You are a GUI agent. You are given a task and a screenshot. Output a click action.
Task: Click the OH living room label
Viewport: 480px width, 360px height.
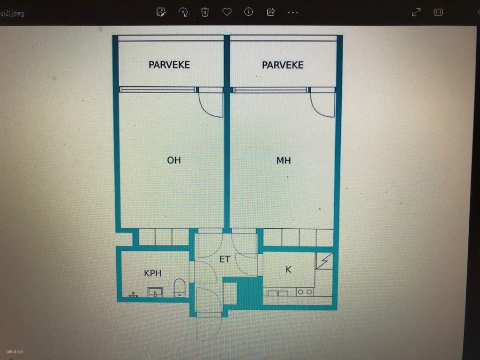coord(174,160)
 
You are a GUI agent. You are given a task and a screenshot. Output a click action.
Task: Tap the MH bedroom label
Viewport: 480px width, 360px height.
coord(284,160)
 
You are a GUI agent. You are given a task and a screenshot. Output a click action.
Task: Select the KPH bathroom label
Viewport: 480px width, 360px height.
coord(152,273)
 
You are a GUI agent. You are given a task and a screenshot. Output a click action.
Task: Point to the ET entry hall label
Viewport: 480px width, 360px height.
coord(225,259)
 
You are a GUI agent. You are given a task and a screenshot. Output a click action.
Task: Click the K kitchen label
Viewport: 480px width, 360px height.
coord(288,270)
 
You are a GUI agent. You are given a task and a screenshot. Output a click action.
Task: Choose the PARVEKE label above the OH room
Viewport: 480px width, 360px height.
coord(169,65)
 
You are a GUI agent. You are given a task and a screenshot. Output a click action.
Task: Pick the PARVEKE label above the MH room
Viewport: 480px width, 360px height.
coord(283,65)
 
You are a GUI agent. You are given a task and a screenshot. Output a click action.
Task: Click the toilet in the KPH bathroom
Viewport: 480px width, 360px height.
coord(180,288)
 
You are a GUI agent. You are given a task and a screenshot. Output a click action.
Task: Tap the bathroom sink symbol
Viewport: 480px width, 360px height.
coord(155,292)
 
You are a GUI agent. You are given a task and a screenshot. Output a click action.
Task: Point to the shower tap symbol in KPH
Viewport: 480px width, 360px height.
coord(133,295)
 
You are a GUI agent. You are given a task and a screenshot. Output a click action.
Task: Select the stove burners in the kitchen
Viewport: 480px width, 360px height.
coord(305,292)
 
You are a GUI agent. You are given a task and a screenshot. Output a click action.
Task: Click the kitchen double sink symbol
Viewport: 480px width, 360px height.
coord(278,293)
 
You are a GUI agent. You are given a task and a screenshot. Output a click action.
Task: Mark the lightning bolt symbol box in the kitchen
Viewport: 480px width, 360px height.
coord(324,261)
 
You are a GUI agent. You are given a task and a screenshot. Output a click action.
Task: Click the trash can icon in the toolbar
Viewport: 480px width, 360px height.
coord(205,12)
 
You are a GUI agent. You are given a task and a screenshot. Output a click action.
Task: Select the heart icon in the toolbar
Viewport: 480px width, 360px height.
coord(227,12)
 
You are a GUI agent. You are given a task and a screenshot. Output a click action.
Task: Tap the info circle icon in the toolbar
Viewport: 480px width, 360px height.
coord(248,12)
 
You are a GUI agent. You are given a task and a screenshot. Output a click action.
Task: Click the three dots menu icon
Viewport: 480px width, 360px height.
coord(293,13)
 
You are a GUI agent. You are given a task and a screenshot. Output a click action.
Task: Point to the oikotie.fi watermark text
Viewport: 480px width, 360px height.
coord(15,352)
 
